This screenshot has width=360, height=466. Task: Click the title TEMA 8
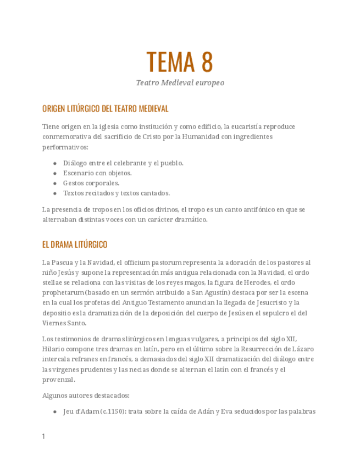click(x=180, y=62)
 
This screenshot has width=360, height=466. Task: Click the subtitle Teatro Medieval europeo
click(x=180, y=83)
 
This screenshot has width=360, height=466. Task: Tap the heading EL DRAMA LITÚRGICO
click(x=75, y=245)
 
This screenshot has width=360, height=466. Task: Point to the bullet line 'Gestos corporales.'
click(x=91, y=183)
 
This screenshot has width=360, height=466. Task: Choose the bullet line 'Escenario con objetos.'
click(x=97, y=173)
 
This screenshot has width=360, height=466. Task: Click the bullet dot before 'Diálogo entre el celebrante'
click(x=55, y=163)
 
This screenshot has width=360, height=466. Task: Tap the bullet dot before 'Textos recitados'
click(x=55, y=193)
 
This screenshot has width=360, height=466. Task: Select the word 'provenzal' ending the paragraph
click(x=58, y=380)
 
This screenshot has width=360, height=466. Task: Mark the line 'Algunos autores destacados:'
click(x=86, y=395)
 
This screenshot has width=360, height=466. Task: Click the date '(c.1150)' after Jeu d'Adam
click(x=112, y=410)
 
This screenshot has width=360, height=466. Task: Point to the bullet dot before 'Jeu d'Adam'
click(x=55, y=411)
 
